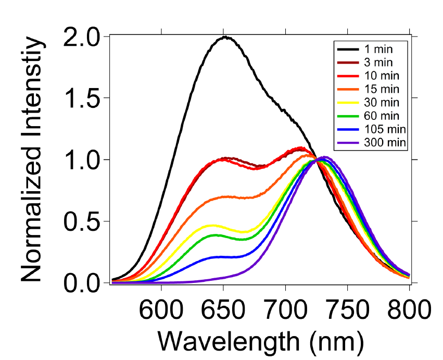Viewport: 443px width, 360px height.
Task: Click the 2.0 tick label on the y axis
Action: tap(83, 37)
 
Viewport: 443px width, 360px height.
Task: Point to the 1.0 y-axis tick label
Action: tap(83, 159)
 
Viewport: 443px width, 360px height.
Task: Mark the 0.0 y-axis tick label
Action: tap(83, 282)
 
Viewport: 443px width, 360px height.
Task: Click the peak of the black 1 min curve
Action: tap(225, 37)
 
